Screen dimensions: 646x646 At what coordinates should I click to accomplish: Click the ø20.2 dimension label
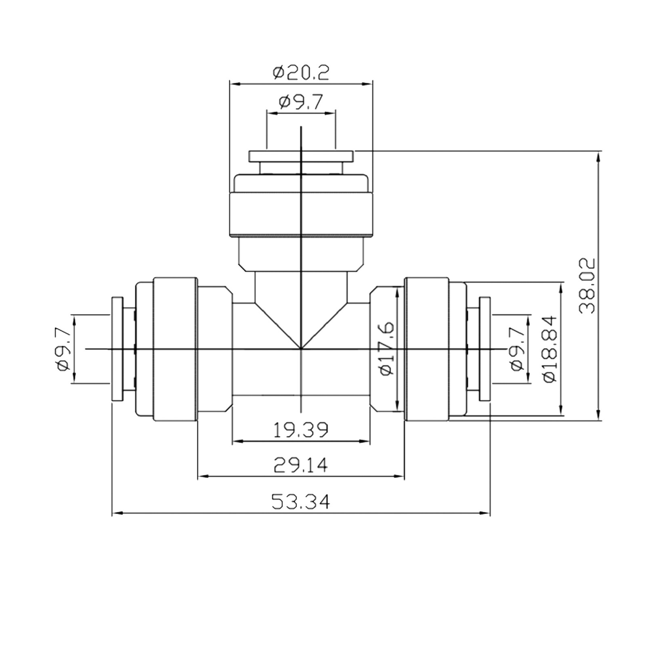click(x=301, y=73)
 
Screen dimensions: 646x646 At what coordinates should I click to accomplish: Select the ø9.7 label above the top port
click(x=301, y=103)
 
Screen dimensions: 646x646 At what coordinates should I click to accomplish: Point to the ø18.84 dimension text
click(x=550, y=349)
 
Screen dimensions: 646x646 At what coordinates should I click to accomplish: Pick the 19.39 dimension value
click(x=301, y=430)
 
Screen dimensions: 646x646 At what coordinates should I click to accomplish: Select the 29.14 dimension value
click(x=301, y=466)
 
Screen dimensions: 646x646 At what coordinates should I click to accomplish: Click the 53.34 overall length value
click(x=301, y=502)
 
